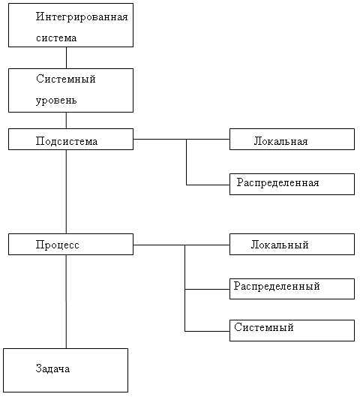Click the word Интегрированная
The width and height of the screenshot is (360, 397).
(82, 17)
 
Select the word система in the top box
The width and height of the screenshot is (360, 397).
(56, 38)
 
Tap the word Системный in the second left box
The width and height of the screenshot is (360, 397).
(66, 79)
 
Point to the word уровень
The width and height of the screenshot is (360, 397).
(56, 101)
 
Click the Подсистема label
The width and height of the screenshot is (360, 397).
(67, 141)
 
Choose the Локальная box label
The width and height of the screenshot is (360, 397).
(280, 141)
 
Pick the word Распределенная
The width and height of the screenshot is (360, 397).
(277, 182)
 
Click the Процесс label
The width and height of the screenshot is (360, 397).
(58, 245)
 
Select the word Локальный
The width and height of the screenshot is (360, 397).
(280, 245)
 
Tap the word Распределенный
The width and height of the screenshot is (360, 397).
(277, 287)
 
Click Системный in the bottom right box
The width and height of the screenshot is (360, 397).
(264, 327)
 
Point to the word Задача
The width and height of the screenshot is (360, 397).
(52, 368)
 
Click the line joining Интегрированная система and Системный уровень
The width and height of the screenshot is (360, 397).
(66, 58)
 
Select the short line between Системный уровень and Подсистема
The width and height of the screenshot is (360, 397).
(66, 121)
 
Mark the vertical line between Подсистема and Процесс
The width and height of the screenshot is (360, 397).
(66, 191)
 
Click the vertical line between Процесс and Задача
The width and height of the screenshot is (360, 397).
(66, 302)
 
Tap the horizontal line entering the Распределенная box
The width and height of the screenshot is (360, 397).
(208, 185)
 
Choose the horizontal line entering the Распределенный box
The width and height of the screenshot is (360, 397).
(207, 289)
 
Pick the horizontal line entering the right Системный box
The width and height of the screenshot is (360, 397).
(207, 331)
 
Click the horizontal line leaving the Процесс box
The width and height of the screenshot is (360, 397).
(181, 245)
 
